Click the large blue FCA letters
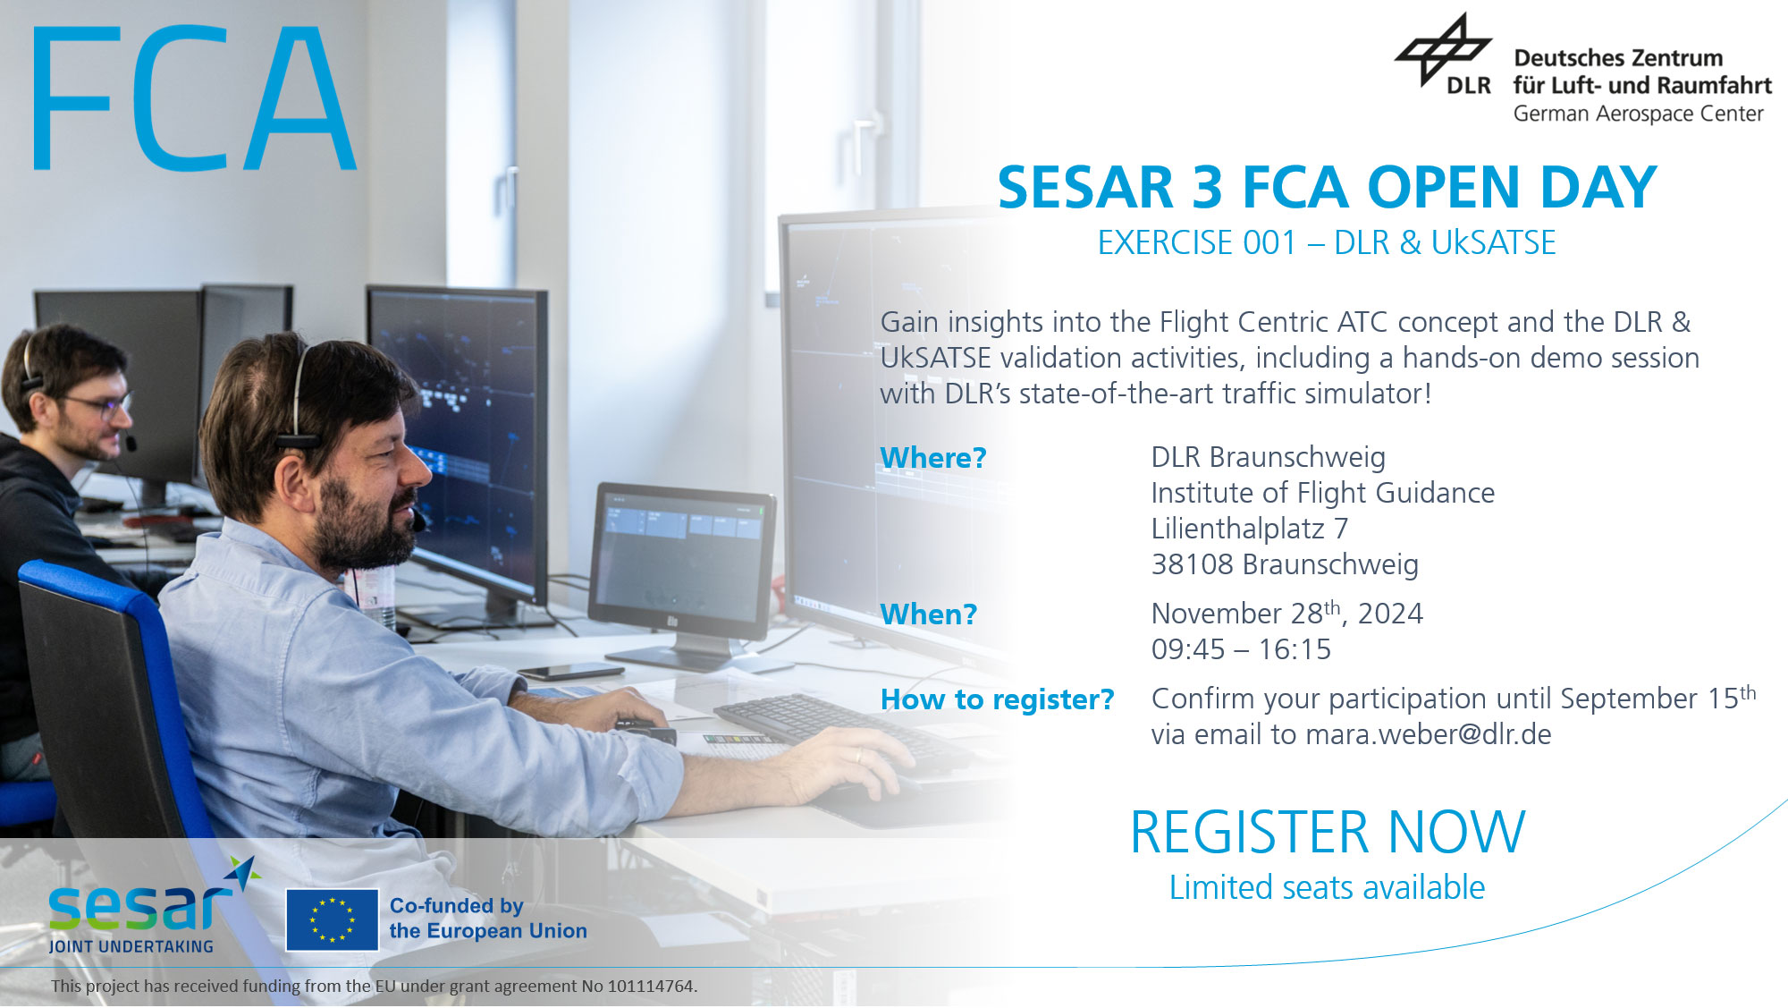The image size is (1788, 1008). coord(195,97)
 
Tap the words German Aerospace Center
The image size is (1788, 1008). coord(1638,114)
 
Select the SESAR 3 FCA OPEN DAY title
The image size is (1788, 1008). coord(1327,188)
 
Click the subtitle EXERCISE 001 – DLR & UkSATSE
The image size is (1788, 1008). coord(1327,243)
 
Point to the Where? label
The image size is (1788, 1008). coord(933,458)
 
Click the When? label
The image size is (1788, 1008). coord(929,614)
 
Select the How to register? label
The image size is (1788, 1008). coord(998,699)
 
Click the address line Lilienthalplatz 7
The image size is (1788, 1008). coord(1250,529)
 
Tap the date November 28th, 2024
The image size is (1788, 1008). coord(1287,613)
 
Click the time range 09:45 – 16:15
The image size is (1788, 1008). coord(1241,649)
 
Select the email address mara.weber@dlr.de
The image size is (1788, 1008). coord(1429,734)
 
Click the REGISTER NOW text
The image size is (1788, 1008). coord(1328,833)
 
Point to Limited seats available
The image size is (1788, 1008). coord(1328,888)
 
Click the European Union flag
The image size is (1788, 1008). coord(333,920)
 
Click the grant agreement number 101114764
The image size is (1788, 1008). coord(651,987)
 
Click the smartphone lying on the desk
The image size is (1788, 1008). coord(570,672)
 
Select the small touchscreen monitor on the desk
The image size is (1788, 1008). coord(682,562)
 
